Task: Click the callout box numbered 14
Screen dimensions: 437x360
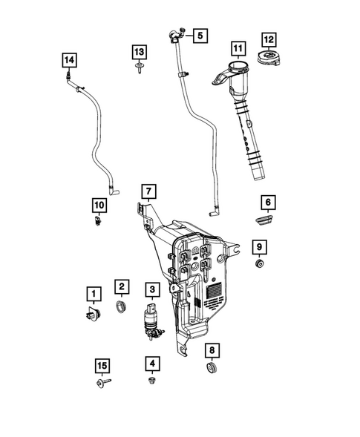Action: pyautogui.click(x=68, y=59)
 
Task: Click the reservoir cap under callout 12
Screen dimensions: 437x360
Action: pyautogui.click(x=269, y=59)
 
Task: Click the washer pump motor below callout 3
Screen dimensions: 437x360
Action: pyautogui.click(x=151, y=322)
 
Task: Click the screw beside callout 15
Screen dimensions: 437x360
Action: pyautogui.click(x=101, y=383)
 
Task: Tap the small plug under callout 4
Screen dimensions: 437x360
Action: pyautogui.click(x=151, y=381)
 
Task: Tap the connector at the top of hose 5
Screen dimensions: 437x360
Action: pyautogui.click(x=175, y=33)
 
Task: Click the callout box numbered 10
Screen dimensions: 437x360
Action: pyautogui.click(x=99, y=203)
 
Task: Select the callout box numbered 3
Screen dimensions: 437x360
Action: pyautogui.click(x=151, y=289)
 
